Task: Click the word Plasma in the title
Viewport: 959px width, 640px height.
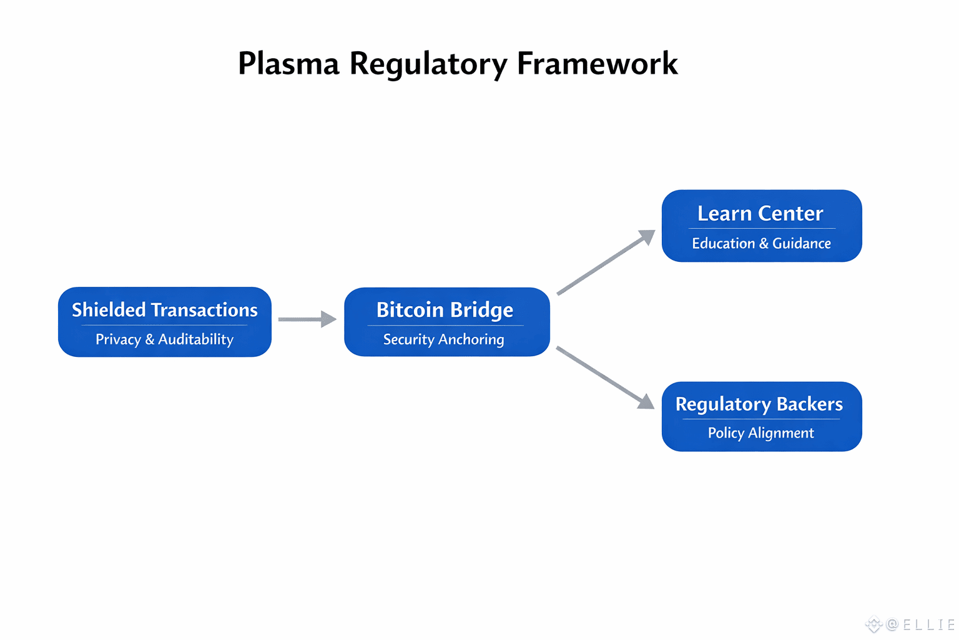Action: point(288,64)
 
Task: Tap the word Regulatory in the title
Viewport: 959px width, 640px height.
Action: point(428,64)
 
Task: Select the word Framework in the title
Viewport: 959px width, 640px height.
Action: point(597,64)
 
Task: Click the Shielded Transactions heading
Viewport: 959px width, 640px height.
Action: point(164,310)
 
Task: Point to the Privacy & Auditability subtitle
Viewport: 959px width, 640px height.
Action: point(164,339)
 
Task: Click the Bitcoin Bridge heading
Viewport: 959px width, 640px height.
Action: point(445,310)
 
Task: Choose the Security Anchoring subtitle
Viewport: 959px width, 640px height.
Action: point(443,339)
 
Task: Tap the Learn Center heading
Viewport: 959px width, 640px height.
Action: point(760,214)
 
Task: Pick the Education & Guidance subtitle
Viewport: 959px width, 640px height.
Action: point(761,243)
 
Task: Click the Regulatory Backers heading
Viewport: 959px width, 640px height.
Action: point(759,404)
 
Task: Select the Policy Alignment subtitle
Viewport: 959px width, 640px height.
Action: point(760,433)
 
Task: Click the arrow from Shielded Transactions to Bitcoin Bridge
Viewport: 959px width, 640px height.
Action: point(307,319)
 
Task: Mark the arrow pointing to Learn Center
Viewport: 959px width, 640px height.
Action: point(605,262)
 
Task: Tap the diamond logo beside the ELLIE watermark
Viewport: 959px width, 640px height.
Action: point(873,624)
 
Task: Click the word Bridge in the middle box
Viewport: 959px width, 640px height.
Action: point(481,310)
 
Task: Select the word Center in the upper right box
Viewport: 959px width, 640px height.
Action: point(790,214)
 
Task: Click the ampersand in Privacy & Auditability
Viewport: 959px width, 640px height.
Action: point(150,339)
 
